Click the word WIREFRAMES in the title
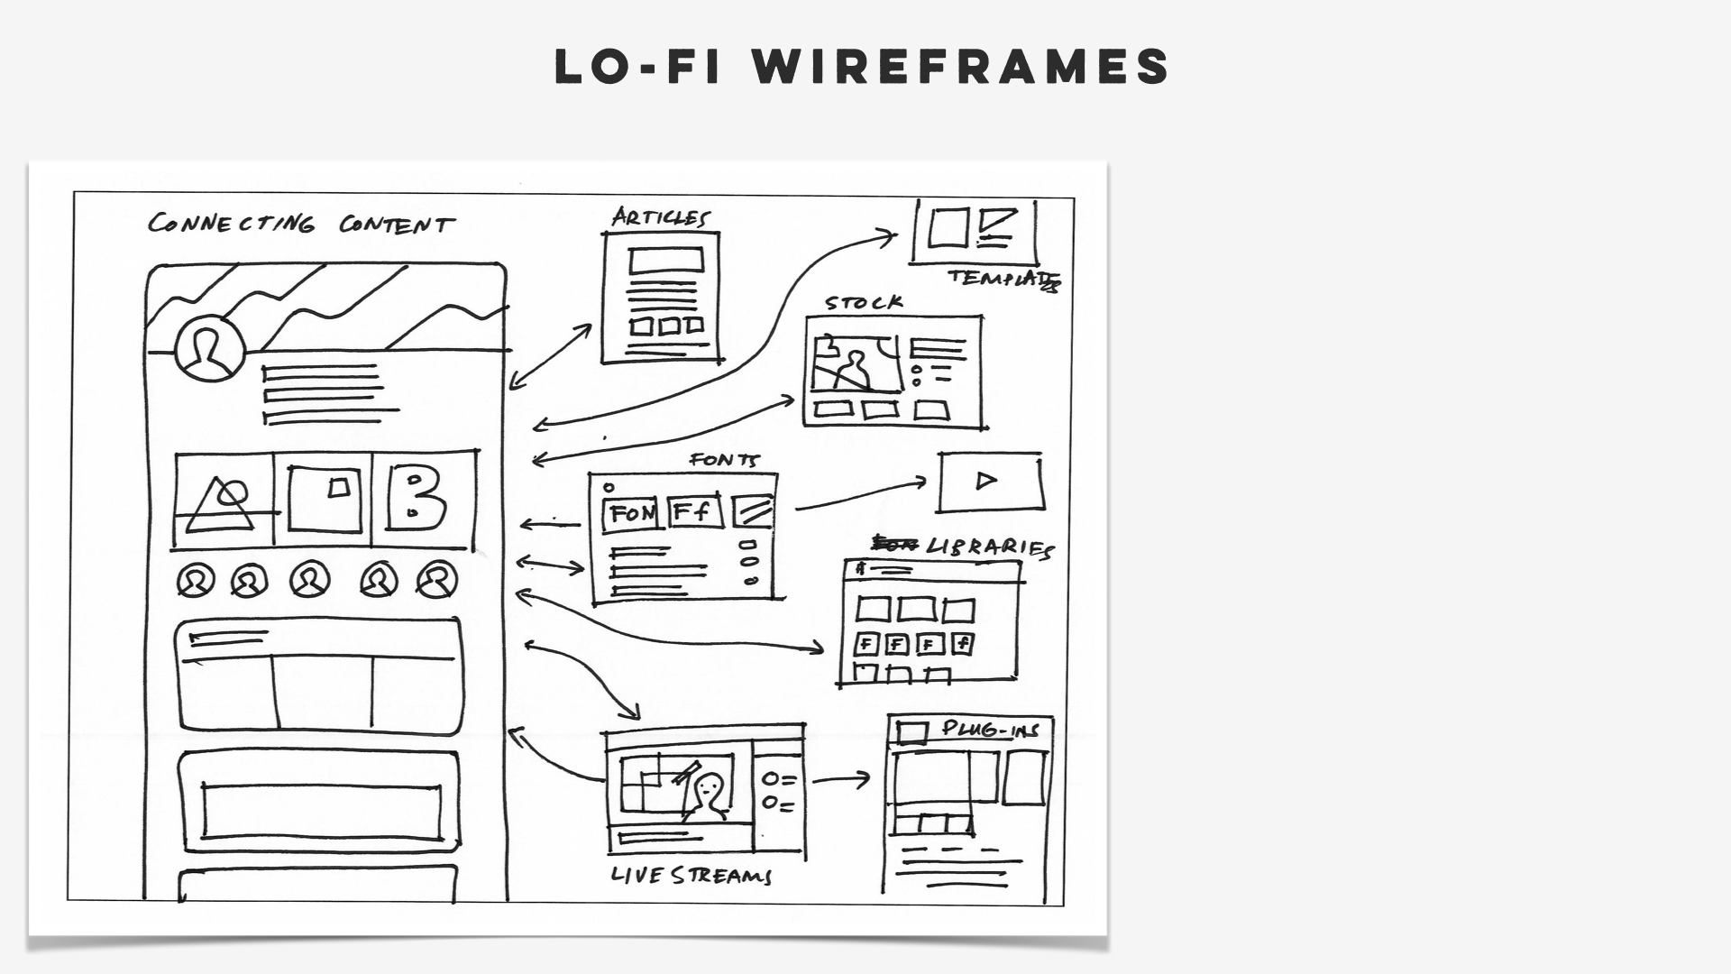(961, 67)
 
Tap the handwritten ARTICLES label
(661, 217)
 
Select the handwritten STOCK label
(864, 303)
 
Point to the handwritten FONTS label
(725, 460)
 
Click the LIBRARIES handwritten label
(989, 547)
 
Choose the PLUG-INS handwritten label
(990, 729)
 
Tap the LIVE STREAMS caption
(691, 875)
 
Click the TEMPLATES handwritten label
(1003, 279)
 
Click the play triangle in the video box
(986, 481)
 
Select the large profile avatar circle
(210, 349)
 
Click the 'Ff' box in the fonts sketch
(693, 512)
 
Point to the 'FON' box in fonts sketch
(631, 514)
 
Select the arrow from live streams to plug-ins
(840, 779)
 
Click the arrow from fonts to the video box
(861, 494)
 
